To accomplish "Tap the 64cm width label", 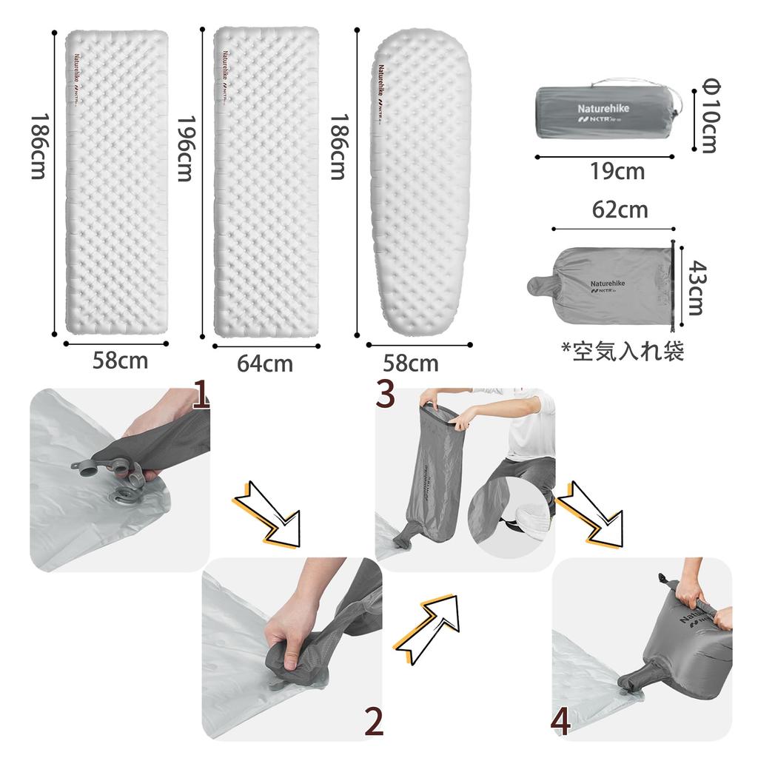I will [x=264, y=364].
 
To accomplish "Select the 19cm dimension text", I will [x=617, y=172].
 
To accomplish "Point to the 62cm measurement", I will [x=620, y=210].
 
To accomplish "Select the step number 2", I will [x=375, y=722].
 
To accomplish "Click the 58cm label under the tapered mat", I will [x=410, y=363].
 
